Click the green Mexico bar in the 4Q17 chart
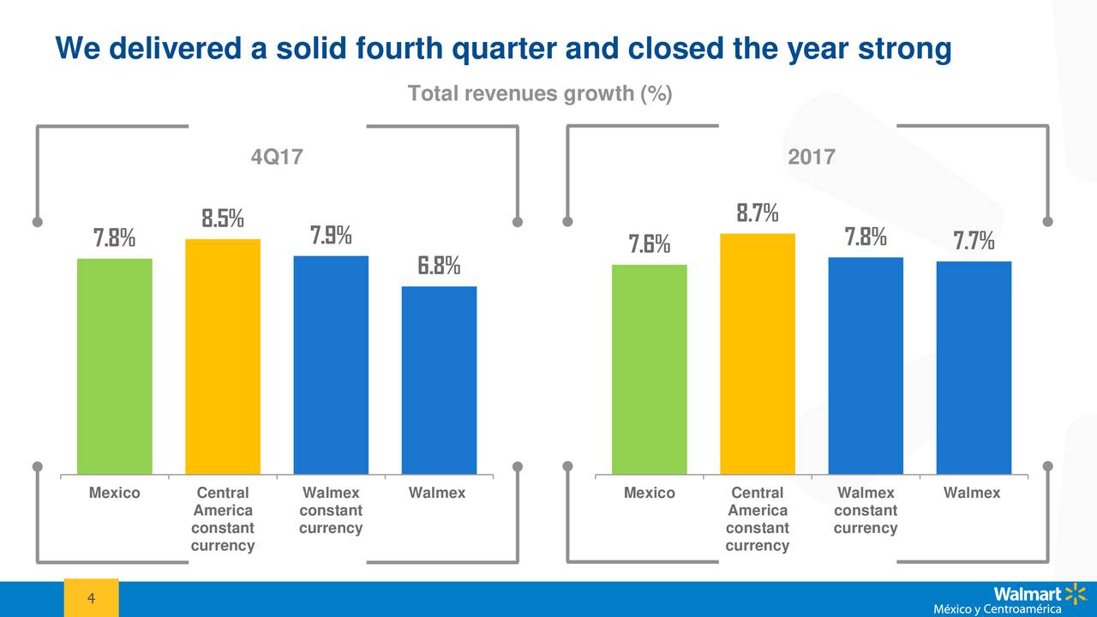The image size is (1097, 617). (115, 366)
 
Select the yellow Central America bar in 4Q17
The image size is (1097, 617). (223, 356)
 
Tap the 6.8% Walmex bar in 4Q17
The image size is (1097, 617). (439, 380)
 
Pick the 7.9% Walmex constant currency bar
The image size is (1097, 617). (331, 365)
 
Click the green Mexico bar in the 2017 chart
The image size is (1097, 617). (649, 369)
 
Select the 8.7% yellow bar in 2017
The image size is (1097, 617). (758, 354)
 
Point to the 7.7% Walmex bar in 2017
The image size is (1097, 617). (974, 368)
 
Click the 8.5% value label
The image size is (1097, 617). (223, 219)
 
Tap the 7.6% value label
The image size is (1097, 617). (650, 245)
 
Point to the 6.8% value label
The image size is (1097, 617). (439, 267)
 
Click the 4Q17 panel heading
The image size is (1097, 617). (276, 158)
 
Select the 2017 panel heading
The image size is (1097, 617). (811, 158)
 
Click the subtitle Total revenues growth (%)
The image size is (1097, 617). (540, 93)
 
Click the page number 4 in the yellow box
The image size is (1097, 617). (91, 597)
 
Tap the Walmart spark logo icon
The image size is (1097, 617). (1075, 593)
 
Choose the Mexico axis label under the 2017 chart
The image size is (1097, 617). (649, 494)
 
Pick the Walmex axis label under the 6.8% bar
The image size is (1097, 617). (437, 494)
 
